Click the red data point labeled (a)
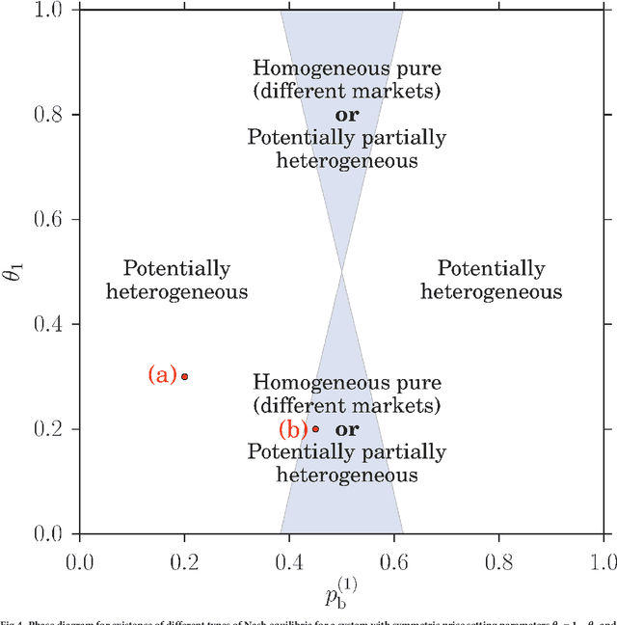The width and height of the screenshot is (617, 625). (184, 376)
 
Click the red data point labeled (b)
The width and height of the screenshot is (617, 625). (315, 429)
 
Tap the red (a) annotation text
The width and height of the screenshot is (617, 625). (162, 375)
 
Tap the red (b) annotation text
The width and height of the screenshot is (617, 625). (293, 429)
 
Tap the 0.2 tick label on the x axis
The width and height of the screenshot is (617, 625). (183, 559)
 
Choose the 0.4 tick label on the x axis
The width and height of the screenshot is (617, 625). (288, 559)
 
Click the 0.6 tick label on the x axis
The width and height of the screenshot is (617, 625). (393, 559)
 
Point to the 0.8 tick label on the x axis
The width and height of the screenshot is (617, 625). (498, 559)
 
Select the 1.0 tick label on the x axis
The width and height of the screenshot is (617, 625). (602, 559)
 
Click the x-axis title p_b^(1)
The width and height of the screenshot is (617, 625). (340, 590)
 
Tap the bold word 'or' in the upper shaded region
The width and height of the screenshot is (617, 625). (346, 115)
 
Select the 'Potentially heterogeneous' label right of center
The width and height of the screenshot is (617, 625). (491, 280)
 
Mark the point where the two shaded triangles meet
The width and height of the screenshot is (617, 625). (341, 272)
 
